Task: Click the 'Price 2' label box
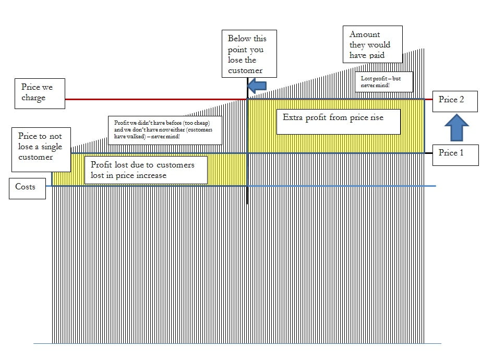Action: [x=454, y=100]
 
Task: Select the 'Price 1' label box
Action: [x=455, y=154]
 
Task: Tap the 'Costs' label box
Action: [x=27, y=188]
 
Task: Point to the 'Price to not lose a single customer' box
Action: [x=40, y=147]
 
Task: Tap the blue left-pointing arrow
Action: [x=257, y=85]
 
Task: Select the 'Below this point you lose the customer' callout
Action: [x=249, y=54]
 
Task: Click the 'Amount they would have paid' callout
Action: [x=372, y=45]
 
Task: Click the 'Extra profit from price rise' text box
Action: [x=338, y=121]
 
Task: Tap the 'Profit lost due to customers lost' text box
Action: [x=145, y=170]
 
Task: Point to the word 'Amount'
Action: [x=365, y=34]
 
